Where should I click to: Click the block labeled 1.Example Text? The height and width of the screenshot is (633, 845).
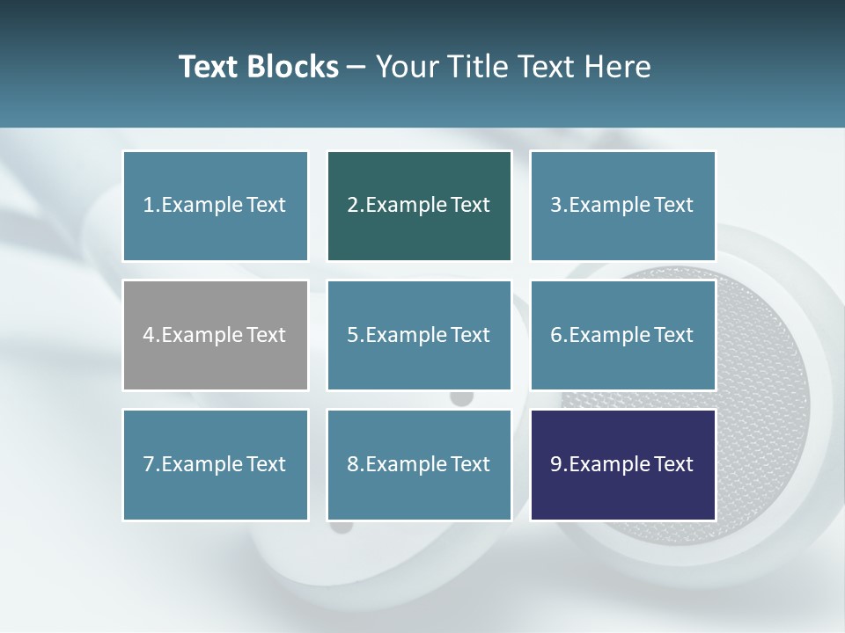click(x=215, y=206)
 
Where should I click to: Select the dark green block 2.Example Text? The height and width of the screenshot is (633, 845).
click(x=419, y=206)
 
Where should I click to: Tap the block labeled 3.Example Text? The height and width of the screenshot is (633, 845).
click(x=622, y=206)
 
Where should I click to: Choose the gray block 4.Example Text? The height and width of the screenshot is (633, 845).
click(x=215, y=335)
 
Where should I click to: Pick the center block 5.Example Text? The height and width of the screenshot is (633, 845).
click(x=419, y=335)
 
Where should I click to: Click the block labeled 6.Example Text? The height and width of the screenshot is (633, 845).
click(x=622, y=335)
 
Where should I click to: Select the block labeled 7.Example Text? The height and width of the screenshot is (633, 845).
click(x=215, y=464)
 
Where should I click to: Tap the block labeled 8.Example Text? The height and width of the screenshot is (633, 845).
click(x=419, y=464)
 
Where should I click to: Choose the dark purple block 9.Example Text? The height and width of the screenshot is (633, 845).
click(x=622, y=464)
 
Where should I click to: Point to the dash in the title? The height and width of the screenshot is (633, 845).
click(x=356, y=67)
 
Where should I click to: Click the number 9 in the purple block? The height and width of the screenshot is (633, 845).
click(x=556, y=464)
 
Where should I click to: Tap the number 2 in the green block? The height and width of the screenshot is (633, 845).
click(x=353, y=206)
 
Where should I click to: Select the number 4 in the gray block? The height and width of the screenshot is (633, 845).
click(x=149, y=335)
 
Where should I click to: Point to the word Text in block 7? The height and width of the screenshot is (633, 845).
click(x=265, y=464)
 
